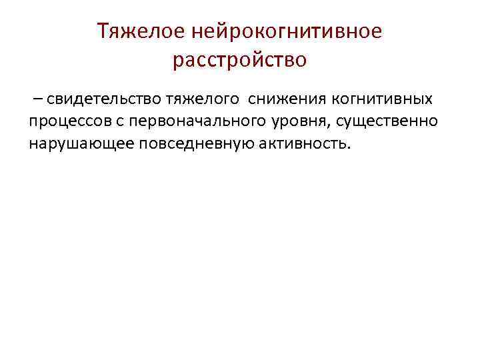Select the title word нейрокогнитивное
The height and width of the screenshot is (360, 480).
pyautogui.click(x=288, y=31)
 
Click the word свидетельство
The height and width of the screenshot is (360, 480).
pyautogui.click(x=98, y=101)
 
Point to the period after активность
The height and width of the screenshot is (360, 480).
pyautogui.click(x=347, y=148)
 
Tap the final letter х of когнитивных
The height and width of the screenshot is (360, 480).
pyautogui.click(x=428, y=101)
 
